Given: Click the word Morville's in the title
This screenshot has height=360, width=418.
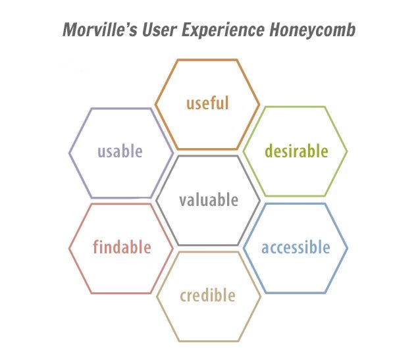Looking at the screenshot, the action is (100, 30).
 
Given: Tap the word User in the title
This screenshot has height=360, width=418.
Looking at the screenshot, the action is (159, 30).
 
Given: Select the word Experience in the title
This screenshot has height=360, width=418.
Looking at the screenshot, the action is (223, 30).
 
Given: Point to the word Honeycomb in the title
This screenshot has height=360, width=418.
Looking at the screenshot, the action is (312, 30).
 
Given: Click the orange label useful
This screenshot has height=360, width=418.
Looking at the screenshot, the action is (207, 103).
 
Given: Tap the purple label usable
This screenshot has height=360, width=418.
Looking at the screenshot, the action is (120, 151).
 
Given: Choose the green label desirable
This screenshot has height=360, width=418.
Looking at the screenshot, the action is (296, 151).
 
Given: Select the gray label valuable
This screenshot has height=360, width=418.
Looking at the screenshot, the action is (209, 199).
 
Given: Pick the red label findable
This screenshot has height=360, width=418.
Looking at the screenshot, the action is (122, 247).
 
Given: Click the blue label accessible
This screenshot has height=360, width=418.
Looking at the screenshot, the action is (296, 247).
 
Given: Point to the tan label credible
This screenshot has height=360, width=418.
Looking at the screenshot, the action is (207, 295).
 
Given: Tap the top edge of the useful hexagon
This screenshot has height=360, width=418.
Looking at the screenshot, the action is (207, 61).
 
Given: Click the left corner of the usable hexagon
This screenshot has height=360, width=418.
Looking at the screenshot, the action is (70, 153).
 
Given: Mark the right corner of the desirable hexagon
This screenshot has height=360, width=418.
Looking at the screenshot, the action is (347, 151).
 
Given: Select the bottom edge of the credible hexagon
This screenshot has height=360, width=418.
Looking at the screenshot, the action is (209, 341).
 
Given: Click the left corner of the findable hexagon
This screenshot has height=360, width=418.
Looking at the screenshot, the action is (70, 249).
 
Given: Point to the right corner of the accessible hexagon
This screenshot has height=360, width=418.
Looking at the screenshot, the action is (347, 248).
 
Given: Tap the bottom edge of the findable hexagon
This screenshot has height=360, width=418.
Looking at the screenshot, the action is (121, 293).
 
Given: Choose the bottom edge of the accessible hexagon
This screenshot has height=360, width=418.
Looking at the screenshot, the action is (296, 293).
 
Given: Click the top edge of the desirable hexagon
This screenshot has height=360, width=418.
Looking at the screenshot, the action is (295, 107).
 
